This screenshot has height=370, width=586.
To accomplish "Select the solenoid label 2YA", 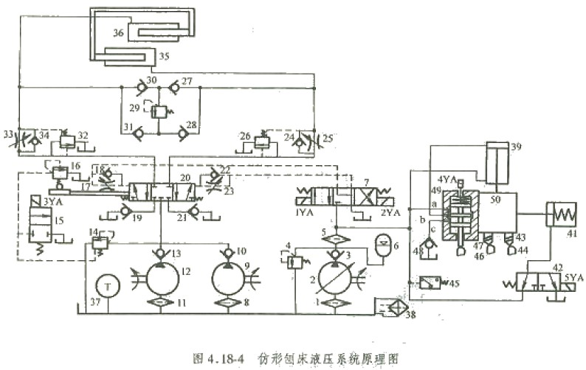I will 392,213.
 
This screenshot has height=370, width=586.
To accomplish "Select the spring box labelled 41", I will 561,214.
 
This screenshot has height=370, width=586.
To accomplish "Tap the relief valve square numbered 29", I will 159,111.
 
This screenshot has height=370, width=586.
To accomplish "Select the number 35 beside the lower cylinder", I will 164,56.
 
